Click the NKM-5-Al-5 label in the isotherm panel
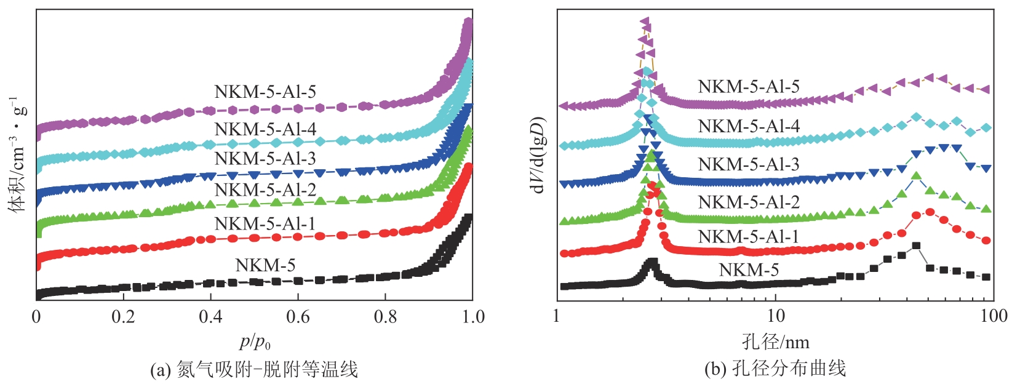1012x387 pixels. [x=265, y=92]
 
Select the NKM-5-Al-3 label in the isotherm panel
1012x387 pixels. [x=265, y=159]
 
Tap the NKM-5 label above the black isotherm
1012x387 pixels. [x=265, y=265]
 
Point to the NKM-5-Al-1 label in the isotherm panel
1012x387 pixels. [x=265, y=223]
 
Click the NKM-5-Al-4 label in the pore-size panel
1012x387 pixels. [x=749, y=126]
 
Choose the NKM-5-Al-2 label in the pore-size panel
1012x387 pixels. [x=749, y=202]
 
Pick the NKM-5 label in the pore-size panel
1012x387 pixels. [x=749, y=269]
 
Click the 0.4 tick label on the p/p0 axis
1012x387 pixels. [x=210, y=317]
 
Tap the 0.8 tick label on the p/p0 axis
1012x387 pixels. [x=385, y=317]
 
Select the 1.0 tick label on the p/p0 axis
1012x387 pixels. [x=472, y=317]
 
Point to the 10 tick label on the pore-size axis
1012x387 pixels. [x=775, y=316]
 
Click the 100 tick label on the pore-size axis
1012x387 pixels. [x=992, y=316]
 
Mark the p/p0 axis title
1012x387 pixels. [x=254, y=341]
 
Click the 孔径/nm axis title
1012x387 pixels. [x=775, y=341]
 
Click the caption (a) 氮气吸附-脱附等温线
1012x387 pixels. [x=254, y=370]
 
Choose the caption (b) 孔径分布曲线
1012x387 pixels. [x=775, y=369]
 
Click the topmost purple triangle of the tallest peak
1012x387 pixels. [x=645, y=22]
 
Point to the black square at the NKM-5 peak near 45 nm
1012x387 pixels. [x=916, y=245]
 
